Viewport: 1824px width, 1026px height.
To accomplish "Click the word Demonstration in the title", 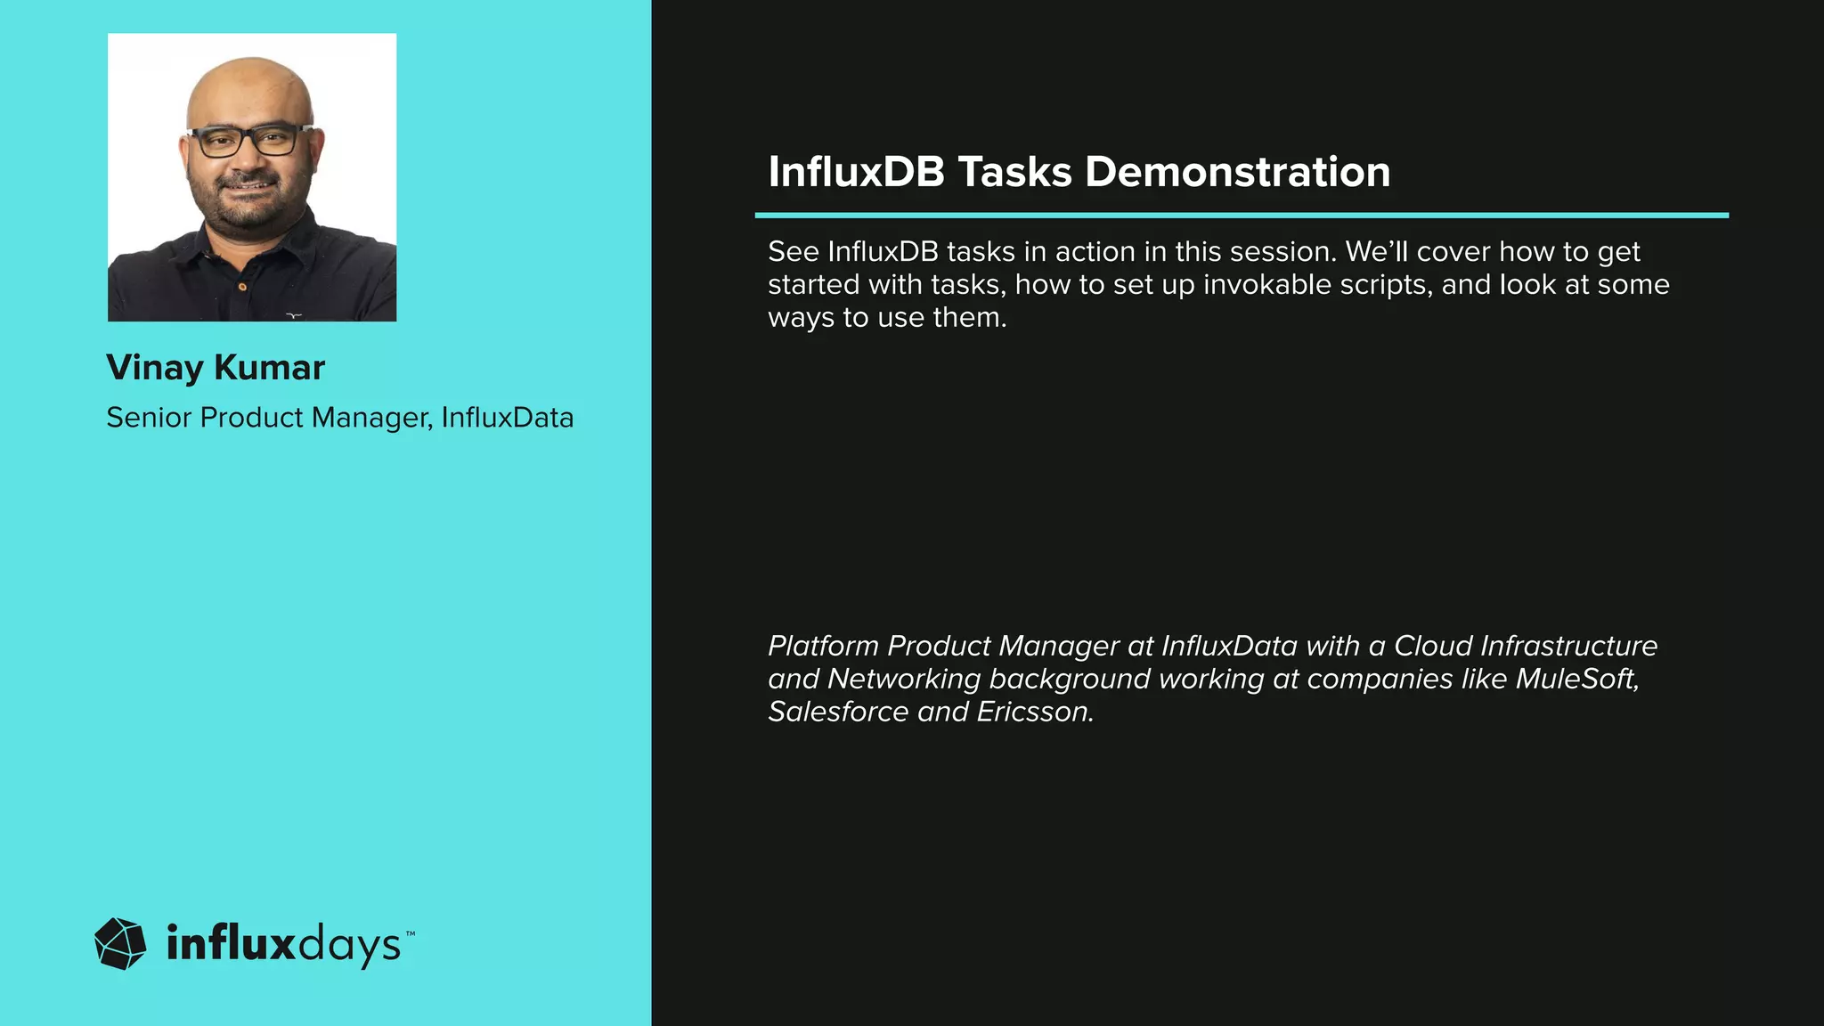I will tap(1237, 172).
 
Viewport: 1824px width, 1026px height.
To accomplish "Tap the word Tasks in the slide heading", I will tap(1014, 172).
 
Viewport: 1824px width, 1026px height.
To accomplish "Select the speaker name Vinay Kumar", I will tap(216, 368).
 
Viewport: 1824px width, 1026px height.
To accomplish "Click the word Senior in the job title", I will tap(149, 418).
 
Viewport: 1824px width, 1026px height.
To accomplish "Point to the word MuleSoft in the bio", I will tap(1576, 680).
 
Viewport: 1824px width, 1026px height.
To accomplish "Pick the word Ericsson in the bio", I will tap(1035, 712).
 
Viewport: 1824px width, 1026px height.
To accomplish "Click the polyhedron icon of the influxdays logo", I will tap(120, 943).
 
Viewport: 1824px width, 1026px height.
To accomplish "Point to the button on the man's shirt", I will tap(241, 287).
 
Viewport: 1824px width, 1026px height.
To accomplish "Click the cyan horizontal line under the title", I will tap(1242, 216).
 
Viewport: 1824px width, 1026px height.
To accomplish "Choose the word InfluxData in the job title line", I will tap(508, 418).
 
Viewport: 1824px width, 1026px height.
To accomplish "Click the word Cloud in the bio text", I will tap(1432, 647).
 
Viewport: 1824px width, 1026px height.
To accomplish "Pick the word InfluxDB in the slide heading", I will tap(856, 172).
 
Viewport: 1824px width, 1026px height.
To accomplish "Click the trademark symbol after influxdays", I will tap(411, 933).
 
